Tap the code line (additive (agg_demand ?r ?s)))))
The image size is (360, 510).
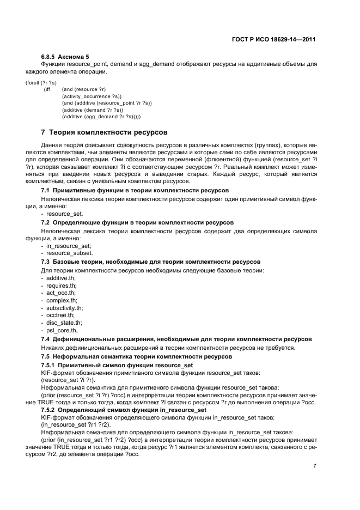pos(101,117)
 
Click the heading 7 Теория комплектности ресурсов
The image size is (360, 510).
pos(104,132)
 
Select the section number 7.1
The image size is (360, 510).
pos(46,190)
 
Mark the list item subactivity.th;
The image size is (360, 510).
pos(65,308)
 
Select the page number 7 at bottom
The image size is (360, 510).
pos(315,466)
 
